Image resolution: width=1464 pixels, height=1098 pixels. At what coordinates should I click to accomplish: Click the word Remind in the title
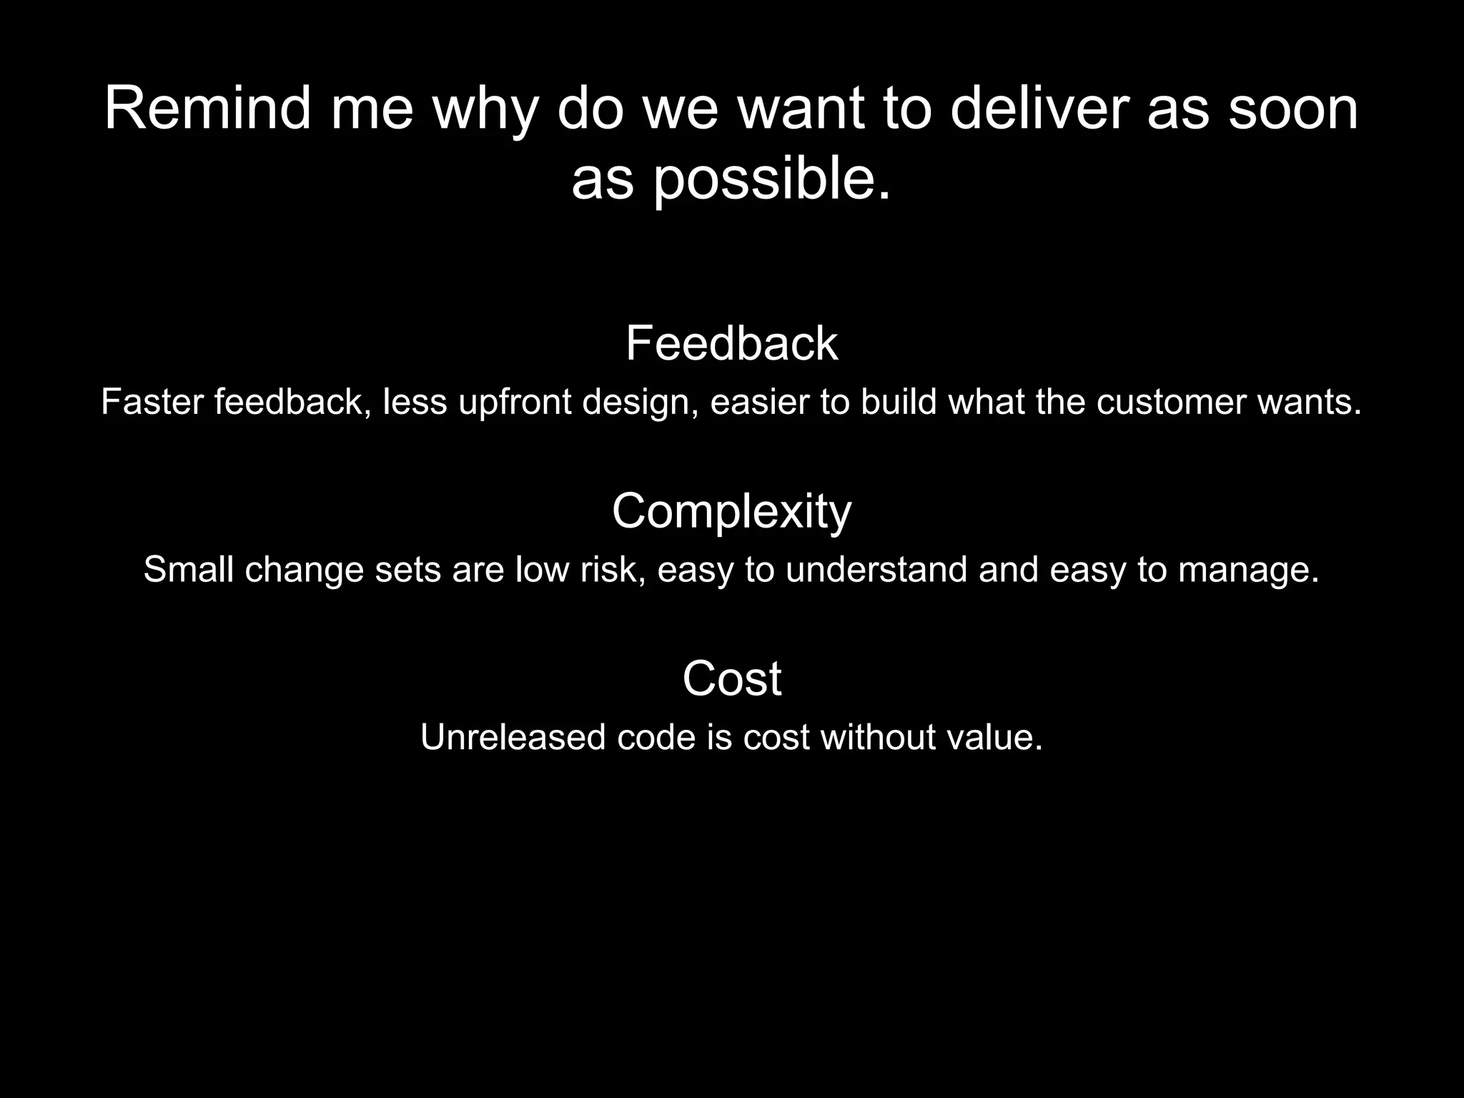coord(208,109)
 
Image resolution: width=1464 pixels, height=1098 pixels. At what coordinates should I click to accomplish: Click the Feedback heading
coord(731,344)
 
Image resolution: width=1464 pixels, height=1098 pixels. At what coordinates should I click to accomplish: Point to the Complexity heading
coord(731,512)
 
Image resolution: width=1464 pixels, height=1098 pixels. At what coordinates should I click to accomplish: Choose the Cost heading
coord(731,678)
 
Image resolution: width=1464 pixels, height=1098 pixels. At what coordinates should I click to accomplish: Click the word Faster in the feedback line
coord(152,402)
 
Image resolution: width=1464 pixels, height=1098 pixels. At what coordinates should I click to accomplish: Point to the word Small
coord(189,570)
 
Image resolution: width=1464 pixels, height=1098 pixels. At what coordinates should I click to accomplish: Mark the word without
coord(878,737)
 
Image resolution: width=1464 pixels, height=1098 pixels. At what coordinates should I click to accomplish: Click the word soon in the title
coord(1293,109)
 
